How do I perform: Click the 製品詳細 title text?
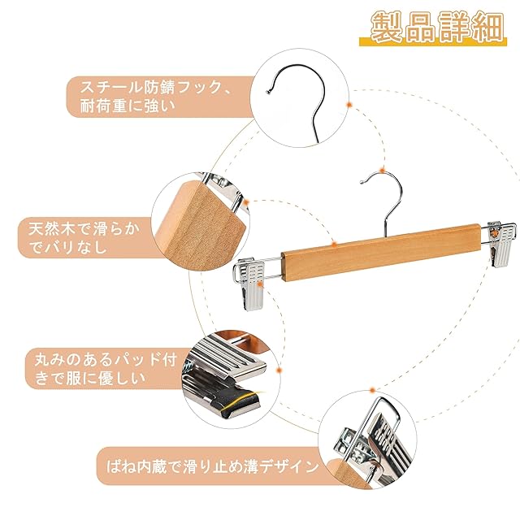point(437,27)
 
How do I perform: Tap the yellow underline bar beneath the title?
point(433,41)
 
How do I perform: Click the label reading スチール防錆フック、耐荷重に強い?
point(156,97)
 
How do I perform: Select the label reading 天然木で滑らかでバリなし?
point(84,238)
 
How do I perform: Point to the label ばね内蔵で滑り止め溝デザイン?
point(212,466)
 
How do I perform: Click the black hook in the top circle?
point(298,99)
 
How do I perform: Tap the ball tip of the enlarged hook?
point(268,92)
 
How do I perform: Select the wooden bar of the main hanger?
point(381,253)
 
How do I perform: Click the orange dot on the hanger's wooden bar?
point(334,245)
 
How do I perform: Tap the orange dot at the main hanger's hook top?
point(383,171)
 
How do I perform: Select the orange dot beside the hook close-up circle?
point(349,105)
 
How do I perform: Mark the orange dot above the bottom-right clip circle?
point(372,390)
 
